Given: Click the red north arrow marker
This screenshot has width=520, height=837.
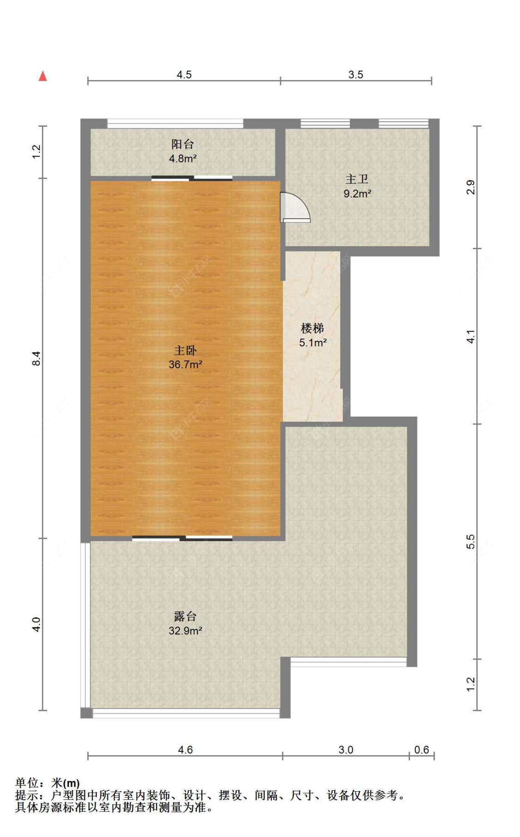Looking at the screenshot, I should (x=43, y=76).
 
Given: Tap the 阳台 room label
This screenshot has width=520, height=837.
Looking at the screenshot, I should (x=183, y=144).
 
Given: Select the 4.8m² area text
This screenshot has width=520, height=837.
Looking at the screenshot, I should (x=183, y=159).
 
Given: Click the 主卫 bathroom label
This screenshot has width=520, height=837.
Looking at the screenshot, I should (x=357, y=179).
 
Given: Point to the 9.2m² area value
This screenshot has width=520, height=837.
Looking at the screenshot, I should (x=357, y=194).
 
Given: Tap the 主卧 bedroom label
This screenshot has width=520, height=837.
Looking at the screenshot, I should (x=185, y=350).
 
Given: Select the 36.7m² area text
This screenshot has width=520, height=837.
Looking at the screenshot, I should (x=185, y=364).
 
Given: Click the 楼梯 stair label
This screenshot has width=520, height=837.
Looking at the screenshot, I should (x=312, y=328).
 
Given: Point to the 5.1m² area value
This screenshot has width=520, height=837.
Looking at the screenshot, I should (x=313, y=343).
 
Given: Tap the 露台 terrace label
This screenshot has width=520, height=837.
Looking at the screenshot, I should (x=185, y=616).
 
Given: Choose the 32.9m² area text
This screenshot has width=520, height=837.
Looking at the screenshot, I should (x=185, y=631).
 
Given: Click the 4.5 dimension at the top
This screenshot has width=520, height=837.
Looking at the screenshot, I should (x=184, y=74).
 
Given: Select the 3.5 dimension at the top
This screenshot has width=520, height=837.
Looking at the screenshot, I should (x=355, y=74).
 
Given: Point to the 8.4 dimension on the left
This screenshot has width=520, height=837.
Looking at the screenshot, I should (x=37, y=358).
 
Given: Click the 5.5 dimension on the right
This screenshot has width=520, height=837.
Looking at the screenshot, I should (x=471, y=542).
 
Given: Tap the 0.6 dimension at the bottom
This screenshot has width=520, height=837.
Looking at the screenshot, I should (x=421, y=750).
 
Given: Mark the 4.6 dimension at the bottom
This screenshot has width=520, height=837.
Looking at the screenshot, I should (x=185, y=750).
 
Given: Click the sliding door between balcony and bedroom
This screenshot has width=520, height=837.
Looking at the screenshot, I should (x=192, y=178).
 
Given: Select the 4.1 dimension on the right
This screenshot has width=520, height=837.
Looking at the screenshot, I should (x=471, y=336).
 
